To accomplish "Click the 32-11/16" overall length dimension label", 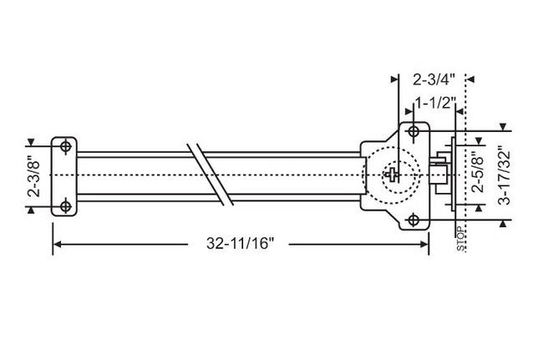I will pyautogui.click(x=241, y=244).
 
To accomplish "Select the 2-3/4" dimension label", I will pyautogui.click(x=434, y=81).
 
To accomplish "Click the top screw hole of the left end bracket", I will pyautogui.click(x=64, y=146).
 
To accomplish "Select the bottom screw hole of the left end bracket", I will pyautogui.click(x=64, y=205).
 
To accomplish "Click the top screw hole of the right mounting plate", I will pyautogui.click(x=414, y=132).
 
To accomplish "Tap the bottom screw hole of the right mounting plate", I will pyautogui.click(x=414, y=220).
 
